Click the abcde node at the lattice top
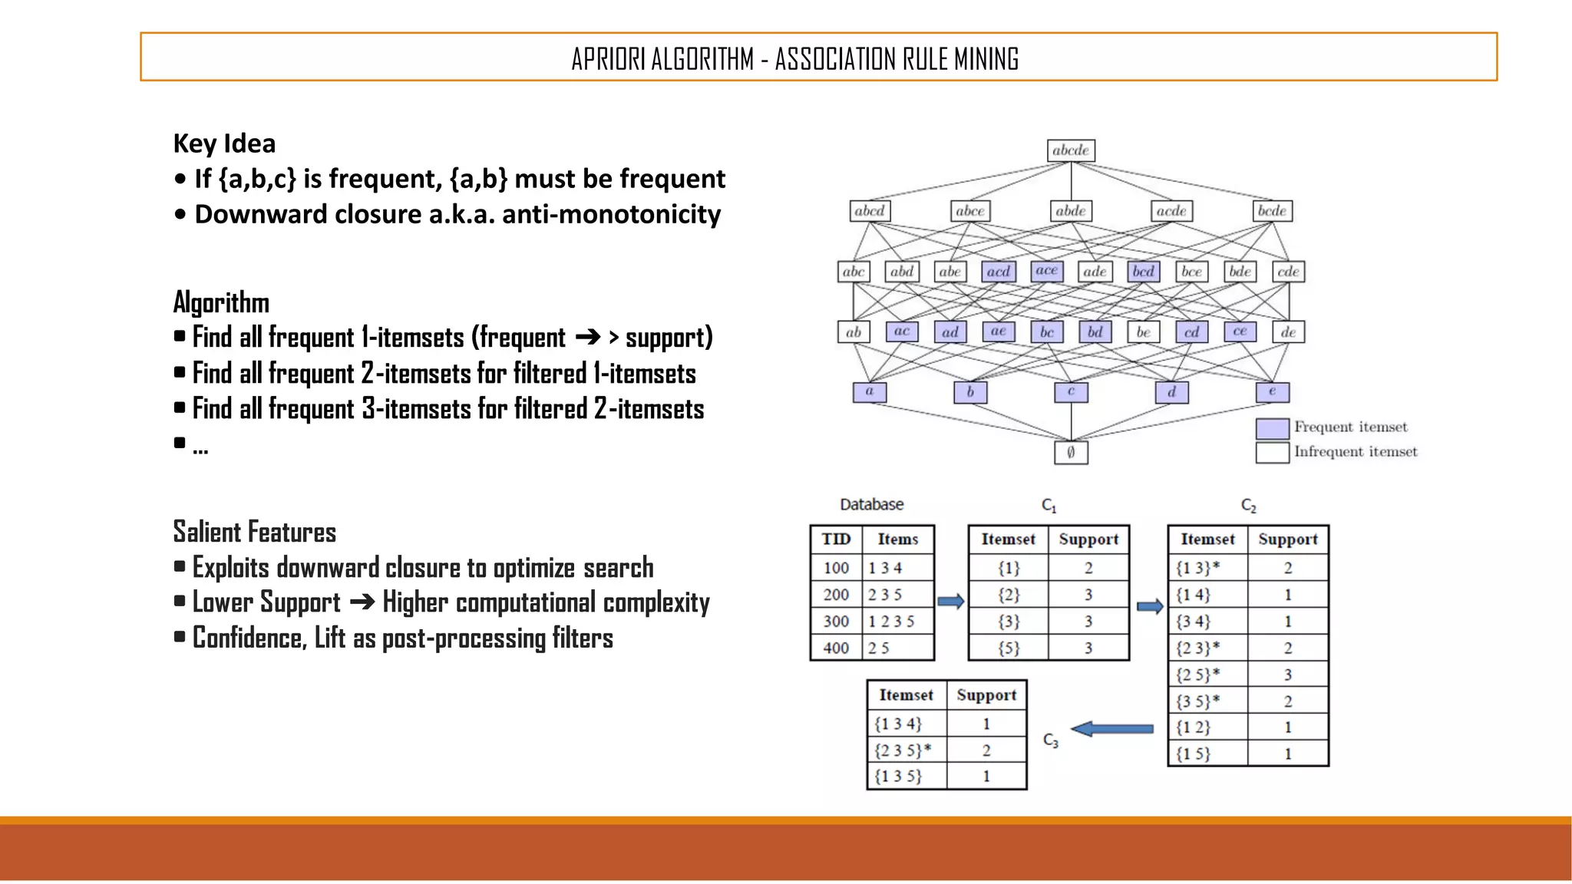[x=1071, y=150]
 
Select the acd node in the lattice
[x=999, y=272]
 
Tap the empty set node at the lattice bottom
[x=1071, y=453]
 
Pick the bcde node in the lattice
[x=1272, y=211]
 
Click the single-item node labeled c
[x=1071, y=392]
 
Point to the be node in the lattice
[x=1144, y=332]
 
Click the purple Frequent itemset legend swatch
[x=1272, y=428]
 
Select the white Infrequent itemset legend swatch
[x=1272, y=453]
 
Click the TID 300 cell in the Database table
[x=836, y=621]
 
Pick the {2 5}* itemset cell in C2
[x=1198, y=675]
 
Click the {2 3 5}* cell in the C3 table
[x=903, y=750]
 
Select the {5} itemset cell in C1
[x=1009, y=648]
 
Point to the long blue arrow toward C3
[x=1112, y=729]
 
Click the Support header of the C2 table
[x=1287, y=539]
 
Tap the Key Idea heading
[x=224, y=143]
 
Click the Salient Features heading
[x=255, y=532]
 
